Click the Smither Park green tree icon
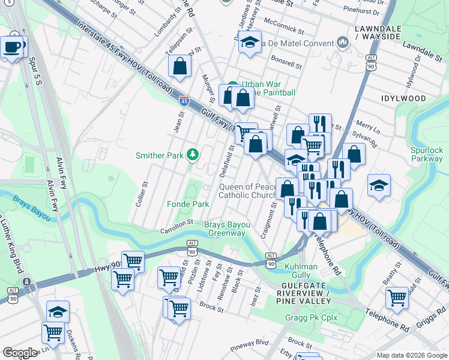[193, 155]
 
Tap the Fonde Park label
[188, 205]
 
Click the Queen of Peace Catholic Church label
[247, 191]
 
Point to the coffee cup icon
[11, 46]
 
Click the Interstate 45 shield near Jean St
[184, 101]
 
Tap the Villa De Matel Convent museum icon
[343, 42]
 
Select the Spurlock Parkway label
[427, 154]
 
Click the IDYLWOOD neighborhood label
[403, 98]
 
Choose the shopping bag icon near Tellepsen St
[180, 66]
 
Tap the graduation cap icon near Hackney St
[250, 42]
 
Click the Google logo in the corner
[20, 353]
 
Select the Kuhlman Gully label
[300, 271]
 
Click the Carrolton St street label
[176, 226]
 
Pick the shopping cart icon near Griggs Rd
[397, 296]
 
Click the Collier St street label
[142, 195]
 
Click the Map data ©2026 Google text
[411, 355]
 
